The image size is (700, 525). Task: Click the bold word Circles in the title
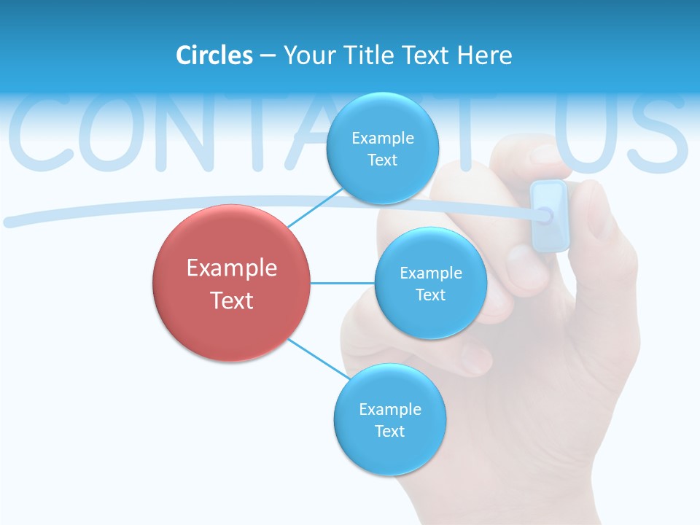point(214,55)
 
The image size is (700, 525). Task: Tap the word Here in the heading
point(484,55)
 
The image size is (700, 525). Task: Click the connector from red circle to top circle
point(314,208)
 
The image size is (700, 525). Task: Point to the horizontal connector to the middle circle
point(343,283)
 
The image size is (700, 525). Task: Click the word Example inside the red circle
point(232,268)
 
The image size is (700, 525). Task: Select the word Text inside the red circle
point(232,300)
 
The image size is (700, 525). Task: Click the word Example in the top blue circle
point(383,138)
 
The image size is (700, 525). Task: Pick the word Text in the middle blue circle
point(430,295)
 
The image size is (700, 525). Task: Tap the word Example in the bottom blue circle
point(389,409)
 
